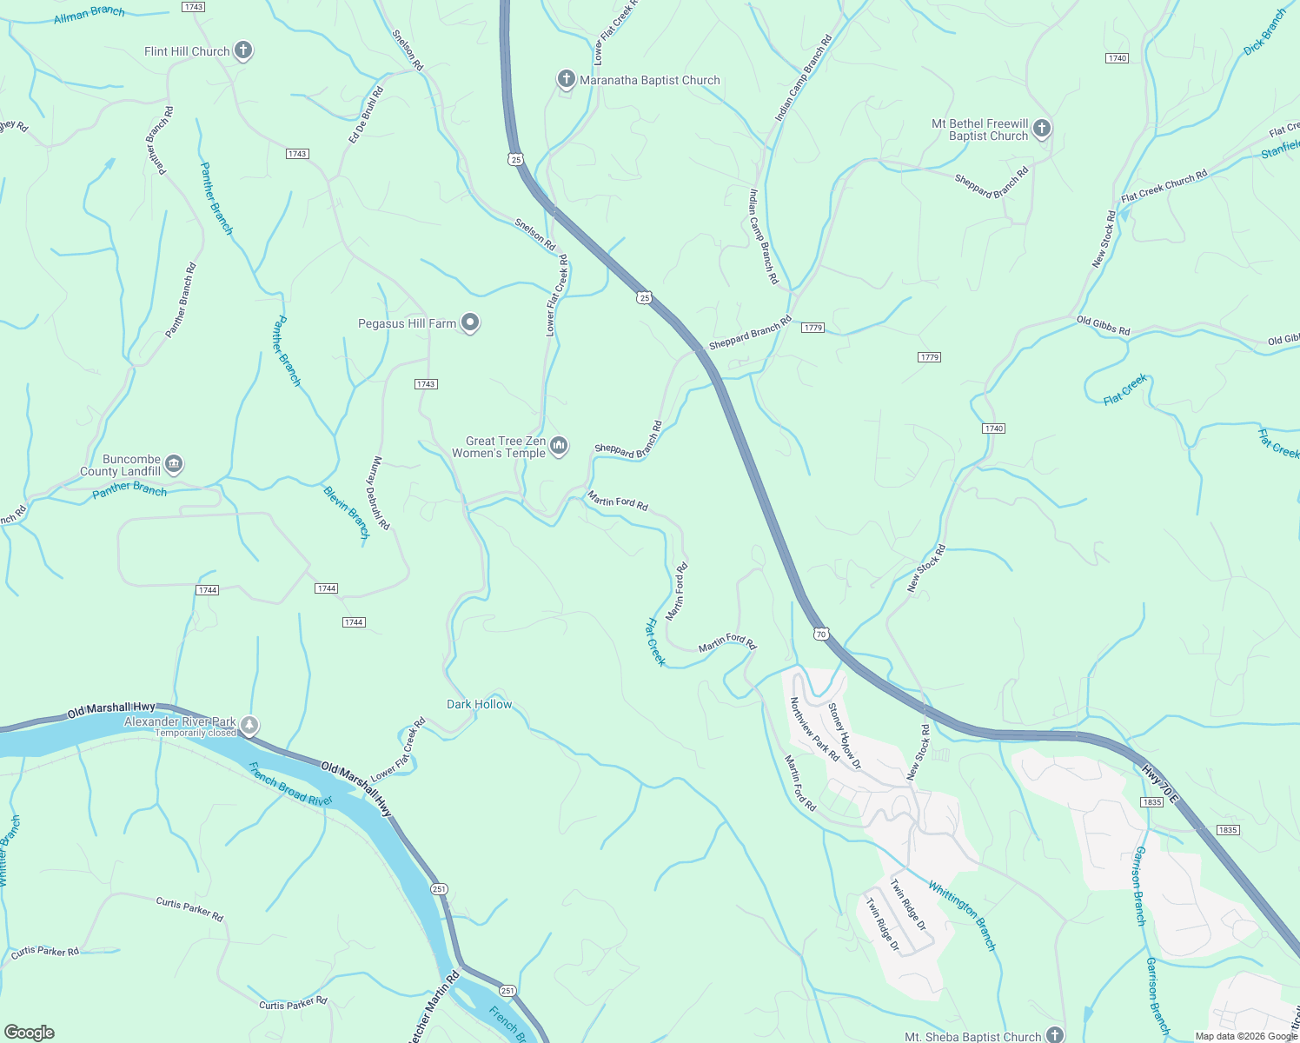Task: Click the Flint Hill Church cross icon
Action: pyautogui.click(x=243, y=50)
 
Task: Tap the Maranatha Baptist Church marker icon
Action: pyautogui.click(x=566, y=80)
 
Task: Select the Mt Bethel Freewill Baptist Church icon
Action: pyautogui.click(x=1042, y=130)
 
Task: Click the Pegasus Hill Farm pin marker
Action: pyautogui.click(x=470, y=323)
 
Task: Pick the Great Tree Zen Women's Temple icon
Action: pyautogui.click(x=559, y=447)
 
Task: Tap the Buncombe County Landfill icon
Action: pyautogui.click(x=174, y=465)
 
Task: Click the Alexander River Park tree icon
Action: pyautogui.click(x=249, y=725)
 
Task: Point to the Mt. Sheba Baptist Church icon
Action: pyautogui.click(x=1054, y=1035)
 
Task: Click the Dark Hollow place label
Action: pyautogui.click(x=480, y=704)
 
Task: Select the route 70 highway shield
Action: pyautogui.click(x=821, y=634)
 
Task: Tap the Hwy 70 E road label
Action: pyautogui.click(x=1160, y=783)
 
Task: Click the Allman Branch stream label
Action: pyautogui.click(x=90, y=15)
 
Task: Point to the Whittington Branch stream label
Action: pyautogui.click(x=962, y=914)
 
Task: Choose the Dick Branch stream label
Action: pyautogui.click(x=1264, y=33)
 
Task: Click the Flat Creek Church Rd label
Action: pyautogui.click(x=1164, y=186)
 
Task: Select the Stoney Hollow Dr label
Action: pyautogui.click(x=844, y=736)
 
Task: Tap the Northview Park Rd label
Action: pyautogui.click(x=813, y=728)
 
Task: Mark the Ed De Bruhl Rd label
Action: pyautogui.click(x=366, y=115)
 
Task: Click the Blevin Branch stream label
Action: pyautogui.click(x=347, y=512)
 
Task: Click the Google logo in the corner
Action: pyautogui.click(x=29, y=1032)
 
